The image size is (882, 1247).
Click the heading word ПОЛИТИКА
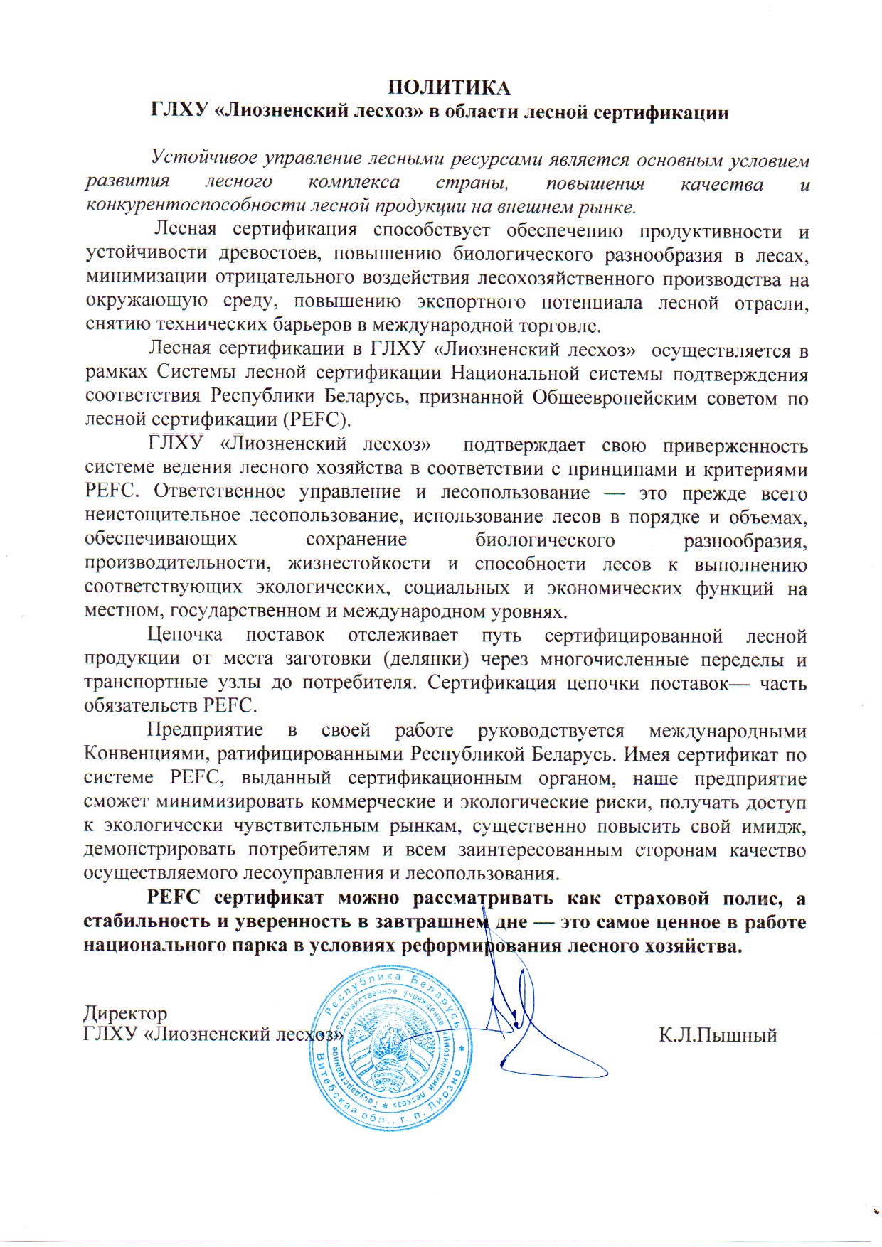[x=449, y=87]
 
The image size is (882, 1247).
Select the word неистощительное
[x=164, y=517]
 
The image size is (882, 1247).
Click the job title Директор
[x=125, y=1012]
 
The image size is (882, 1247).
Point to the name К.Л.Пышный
[x=718, y=1035]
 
